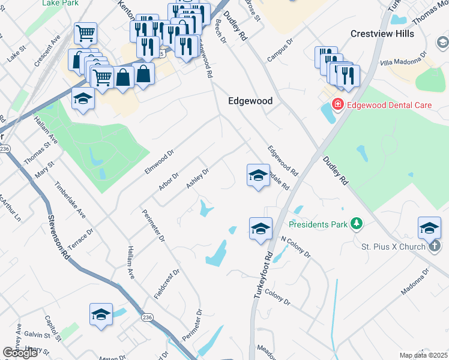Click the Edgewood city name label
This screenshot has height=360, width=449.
pyautogui.click(x=250, y=101)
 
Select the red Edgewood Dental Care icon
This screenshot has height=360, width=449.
pyautogui.click(x=338, y=106)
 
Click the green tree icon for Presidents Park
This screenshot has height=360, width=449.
pyautogui.click(x=357, y=224)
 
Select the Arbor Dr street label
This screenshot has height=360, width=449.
pyautogui.click(x=169, y=183)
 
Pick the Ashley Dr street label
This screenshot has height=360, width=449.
pyautogui.click(x=197, y=178)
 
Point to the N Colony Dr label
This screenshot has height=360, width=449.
pyautogui.click(x=296, y=247)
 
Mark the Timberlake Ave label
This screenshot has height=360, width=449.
pyautogui.click(x=70, y=200)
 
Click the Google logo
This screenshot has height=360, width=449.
pyautogui.click(x=20, y=353)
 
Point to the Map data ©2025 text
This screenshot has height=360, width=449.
pyautogui.click(x=423, y=355)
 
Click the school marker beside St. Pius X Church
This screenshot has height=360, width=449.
pyautogui.click(x=429, y=227)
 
